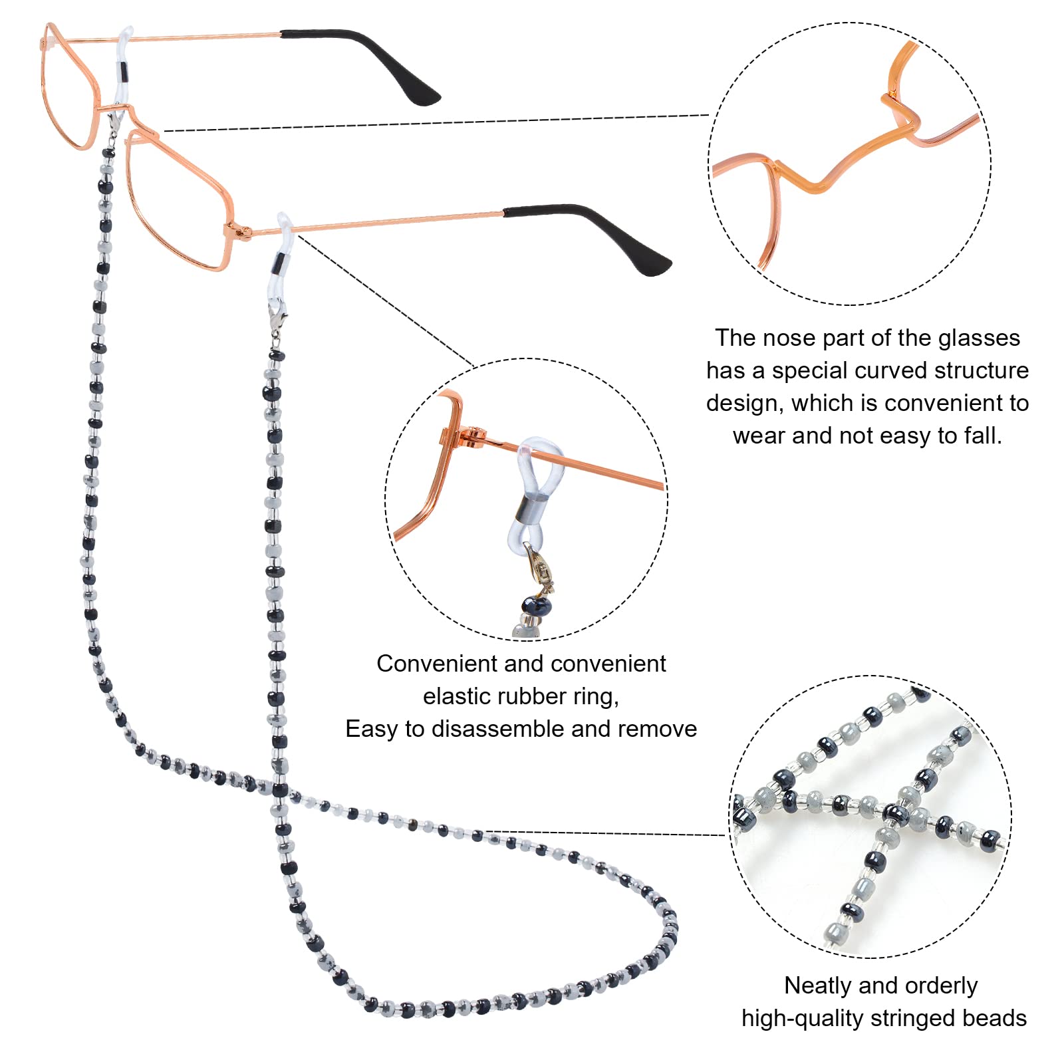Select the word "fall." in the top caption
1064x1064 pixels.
pos(982,436)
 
